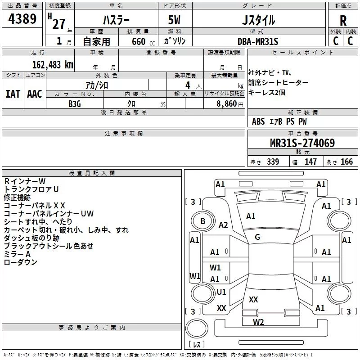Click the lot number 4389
pos(22,19)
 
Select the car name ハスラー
pos(115,20)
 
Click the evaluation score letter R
pos(343,21)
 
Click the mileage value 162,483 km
pos(53,64)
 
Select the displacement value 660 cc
pos(138,42)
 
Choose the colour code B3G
pos(75,103)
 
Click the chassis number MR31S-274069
pos(302,144)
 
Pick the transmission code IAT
pos(13,94)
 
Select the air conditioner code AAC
pos(35,94)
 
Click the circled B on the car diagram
pos(203,221)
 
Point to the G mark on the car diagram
pos(257,237)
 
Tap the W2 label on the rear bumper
pos(258,322)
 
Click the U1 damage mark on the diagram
pos(221,292)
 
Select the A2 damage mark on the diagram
pos(223,225)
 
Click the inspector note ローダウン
pos(21,262)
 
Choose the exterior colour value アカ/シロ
pos(97,85)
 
